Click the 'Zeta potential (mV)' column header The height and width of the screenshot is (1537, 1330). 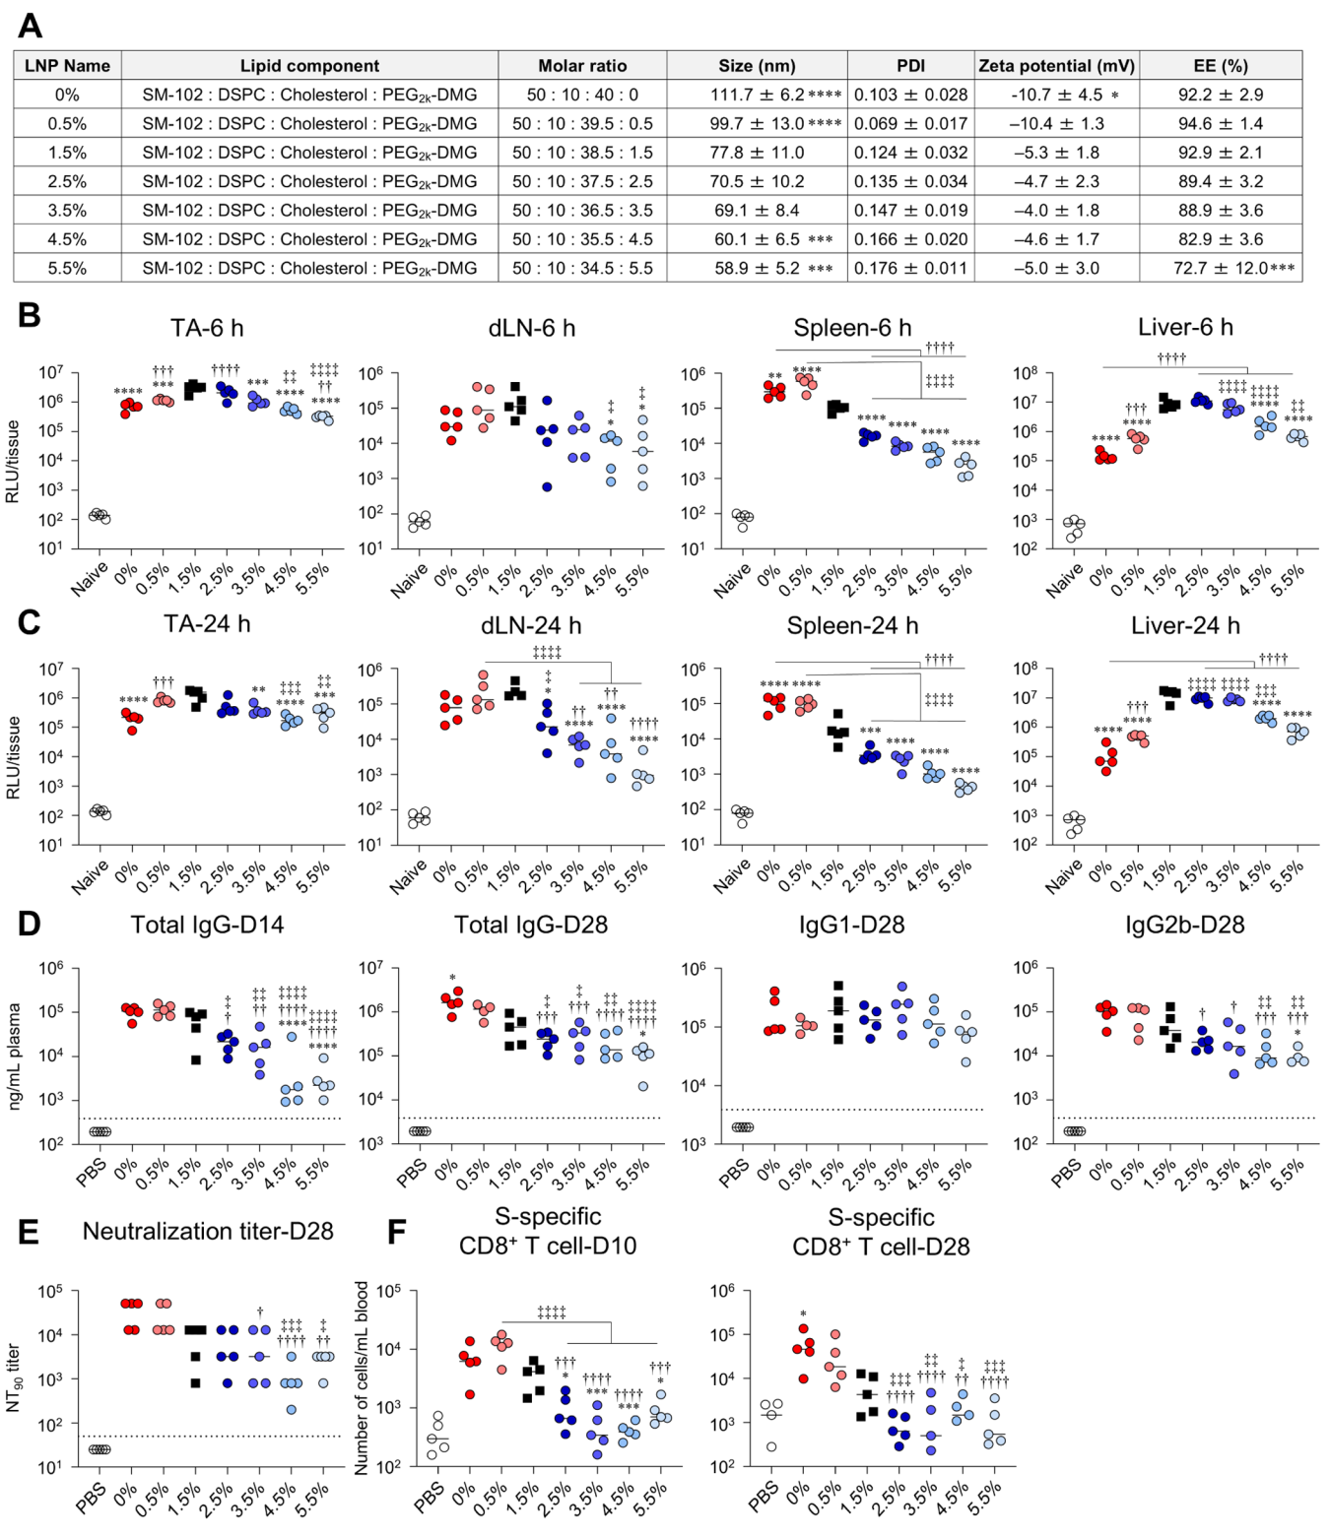point(1056,66)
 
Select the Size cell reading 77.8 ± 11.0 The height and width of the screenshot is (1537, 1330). point(757,153)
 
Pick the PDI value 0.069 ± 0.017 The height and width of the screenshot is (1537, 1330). point(910,124)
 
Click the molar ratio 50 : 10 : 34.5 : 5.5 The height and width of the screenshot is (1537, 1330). point(582,268)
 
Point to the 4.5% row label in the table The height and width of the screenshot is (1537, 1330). point(67,239)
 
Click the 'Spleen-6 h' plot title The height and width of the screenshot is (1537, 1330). point(852,328)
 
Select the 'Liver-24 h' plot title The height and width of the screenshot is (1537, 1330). point(1184,625)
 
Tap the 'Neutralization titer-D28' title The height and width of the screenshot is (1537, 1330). point(208,1231)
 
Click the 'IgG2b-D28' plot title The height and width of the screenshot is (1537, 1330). point(1184,925)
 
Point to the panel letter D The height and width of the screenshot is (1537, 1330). point(29,924)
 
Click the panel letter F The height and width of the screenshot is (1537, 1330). point(397,1232)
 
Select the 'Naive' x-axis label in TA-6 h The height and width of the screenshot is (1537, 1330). point(90,580)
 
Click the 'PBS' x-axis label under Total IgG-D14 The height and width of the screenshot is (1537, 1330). point(92,1173)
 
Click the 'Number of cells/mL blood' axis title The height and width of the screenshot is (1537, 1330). point(362,1377)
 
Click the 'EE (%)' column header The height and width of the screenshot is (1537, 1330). point(1220,66)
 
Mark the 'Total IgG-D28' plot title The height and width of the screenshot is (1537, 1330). point(530,925)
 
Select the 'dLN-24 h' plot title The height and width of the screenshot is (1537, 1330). point(531,625)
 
